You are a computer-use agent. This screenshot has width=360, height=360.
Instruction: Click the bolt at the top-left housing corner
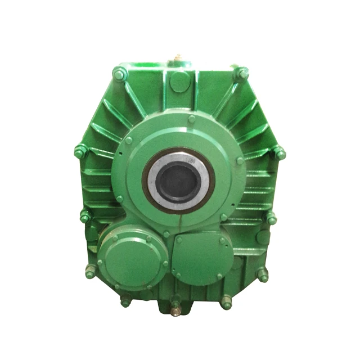point(119,72)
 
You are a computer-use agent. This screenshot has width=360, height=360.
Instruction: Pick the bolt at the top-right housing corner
point(241,72)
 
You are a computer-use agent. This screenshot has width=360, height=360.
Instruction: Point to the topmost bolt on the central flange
point(191,119)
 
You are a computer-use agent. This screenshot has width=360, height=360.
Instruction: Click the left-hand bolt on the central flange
point(128,141)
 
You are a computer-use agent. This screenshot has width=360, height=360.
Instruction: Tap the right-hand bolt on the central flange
point(240,160)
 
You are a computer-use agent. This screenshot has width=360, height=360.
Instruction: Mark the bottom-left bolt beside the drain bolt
point(125,301)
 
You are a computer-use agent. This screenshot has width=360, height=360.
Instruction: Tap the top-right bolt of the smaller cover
point(223,241)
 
